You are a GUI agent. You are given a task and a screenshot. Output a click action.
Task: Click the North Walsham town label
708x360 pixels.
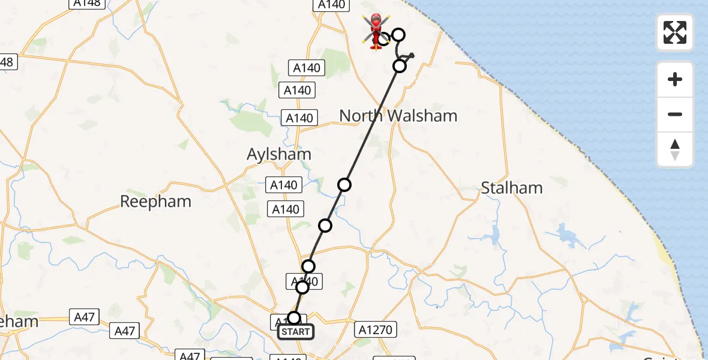[x=398, y=116]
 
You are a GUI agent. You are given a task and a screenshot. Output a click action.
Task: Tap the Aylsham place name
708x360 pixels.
[x=279, y=154]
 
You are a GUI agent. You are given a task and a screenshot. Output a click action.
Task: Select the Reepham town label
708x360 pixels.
[x=155, y=202]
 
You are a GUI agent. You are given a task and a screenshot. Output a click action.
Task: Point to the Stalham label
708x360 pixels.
[x=512, y=188]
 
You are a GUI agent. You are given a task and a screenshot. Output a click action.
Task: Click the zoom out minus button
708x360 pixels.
[x=675, y=114]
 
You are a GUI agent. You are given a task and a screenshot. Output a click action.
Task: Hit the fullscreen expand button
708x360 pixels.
[x=675, y=32]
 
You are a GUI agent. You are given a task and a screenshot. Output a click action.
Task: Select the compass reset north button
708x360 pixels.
[x=675, y=149]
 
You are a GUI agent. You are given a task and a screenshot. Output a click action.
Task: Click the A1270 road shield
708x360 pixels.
[x=376, y=329]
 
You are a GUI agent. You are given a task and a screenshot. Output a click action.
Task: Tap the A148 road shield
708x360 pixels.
[x=87, y=3]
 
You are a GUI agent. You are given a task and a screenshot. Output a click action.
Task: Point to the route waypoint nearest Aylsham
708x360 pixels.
[x=344, y=185]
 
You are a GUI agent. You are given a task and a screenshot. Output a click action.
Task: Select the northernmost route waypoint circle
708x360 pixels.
[x=398, y=34]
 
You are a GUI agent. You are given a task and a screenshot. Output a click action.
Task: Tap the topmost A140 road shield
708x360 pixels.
[x=331, y=4]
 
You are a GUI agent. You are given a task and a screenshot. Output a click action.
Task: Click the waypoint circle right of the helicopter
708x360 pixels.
[x=398, y=34]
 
